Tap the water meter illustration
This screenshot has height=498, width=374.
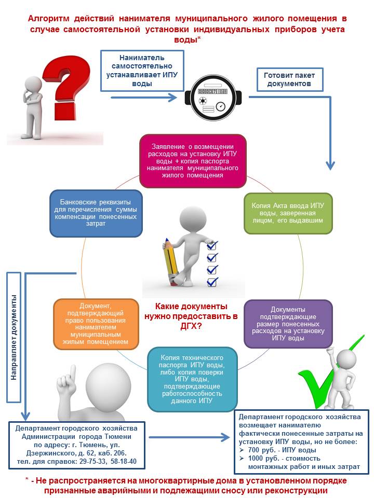click(x=213, y=98)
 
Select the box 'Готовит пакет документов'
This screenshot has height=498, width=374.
click(x=290, y=80)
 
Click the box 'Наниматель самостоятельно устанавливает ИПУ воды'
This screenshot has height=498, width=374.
click(x=142, y=71)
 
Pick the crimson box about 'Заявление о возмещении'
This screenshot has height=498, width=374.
click(x=193, y=161)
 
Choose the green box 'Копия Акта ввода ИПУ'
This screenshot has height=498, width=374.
click(x=288, y=213)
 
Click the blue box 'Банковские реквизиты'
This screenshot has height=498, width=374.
click(x=96, y=213)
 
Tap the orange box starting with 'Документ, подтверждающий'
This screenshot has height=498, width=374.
click(x=96, y=324)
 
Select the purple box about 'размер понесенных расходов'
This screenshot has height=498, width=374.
click(x=288, y=324)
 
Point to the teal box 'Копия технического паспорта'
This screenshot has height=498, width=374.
click(x=192, y=379)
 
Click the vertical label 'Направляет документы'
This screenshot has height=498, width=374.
click(x=14, y=337)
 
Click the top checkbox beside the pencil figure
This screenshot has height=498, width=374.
click(x=212, y=245)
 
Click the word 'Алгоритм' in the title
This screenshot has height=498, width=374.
click(x=48, y=19)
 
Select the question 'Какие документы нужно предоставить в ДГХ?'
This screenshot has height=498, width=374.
click(x=191, y=316)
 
